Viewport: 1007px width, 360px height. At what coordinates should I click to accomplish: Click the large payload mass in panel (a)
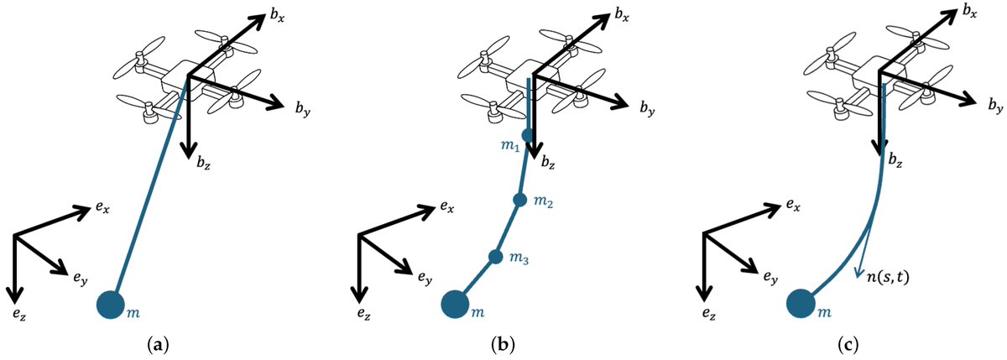pos(110,304)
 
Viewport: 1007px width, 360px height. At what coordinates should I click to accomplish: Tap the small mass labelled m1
pos(527,135)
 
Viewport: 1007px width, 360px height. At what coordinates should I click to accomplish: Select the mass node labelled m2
pos(519,200)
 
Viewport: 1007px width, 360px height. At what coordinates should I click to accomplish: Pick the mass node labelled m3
pos(495,257)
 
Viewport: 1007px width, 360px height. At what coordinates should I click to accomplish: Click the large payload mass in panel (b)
pos(454,304)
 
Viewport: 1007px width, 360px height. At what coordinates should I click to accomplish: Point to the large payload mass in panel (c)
pos(801,304)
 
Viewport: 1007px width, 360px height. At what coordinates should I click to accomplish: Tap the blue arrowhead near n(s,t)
pos(858,270)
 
